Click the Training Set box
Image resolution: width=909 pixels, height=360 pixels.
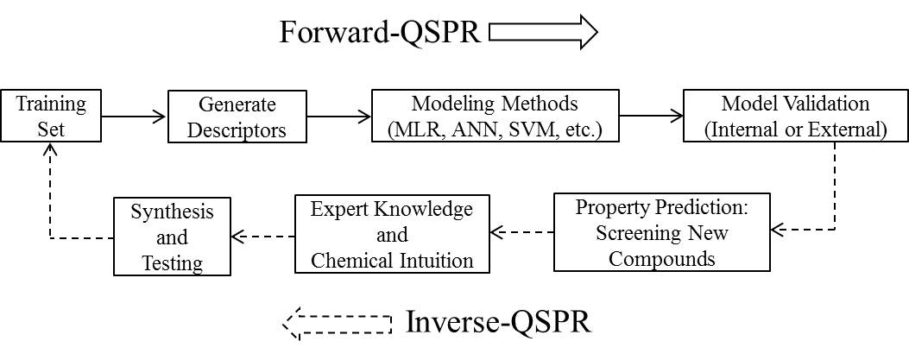click(x=51, y=116)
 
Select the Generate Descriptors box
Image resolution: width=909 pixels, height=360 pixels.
click(x=237, y=116)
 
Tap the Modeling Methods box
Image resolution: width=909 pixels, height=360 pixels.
click(x=496, y=116)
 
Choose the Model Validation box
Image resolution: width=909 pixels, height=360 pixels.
click(x=795, y=116)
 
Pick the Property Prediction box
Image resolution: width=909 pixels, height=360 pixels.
click(x=662, y=232)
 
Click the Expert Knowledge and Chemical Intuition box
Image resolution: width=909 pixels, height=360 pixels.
click(x=392, y=234)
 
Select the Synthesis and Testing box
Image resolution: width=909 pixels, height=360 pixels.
click(x=172, y=237)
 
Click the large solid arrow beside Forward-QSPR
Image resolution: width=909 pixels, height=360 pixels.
click(x=543, y=32)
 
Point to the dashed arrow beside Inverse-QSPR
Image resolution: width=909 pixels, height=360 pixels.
click(x=338, y=324)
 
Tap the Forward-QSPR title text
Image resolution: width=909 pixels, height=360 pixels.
click(x=380, y=32)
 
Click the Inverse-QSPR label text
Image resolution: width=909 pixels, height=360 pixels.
click(x=498, y=322)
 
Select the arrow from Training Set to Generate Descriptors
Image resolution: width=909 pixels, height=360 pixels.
click(x=135, y=116)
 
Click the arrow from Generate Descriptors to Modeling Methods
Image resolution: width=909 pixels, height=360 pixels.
click(x=339, y=116)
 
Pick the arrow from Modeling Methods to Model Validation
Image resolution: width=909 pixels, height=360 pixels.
click(x=651, y=116)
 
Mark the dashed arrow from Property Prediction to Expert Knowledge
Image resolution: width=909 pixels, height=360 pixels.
click(x=521, y=232)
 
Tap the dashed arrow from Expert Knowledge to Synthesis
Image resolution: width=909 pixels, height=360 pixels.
click(x=262, y=236)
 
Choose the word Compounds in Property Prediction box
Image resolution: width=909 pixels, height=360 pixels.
click(x=662, y=258)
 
